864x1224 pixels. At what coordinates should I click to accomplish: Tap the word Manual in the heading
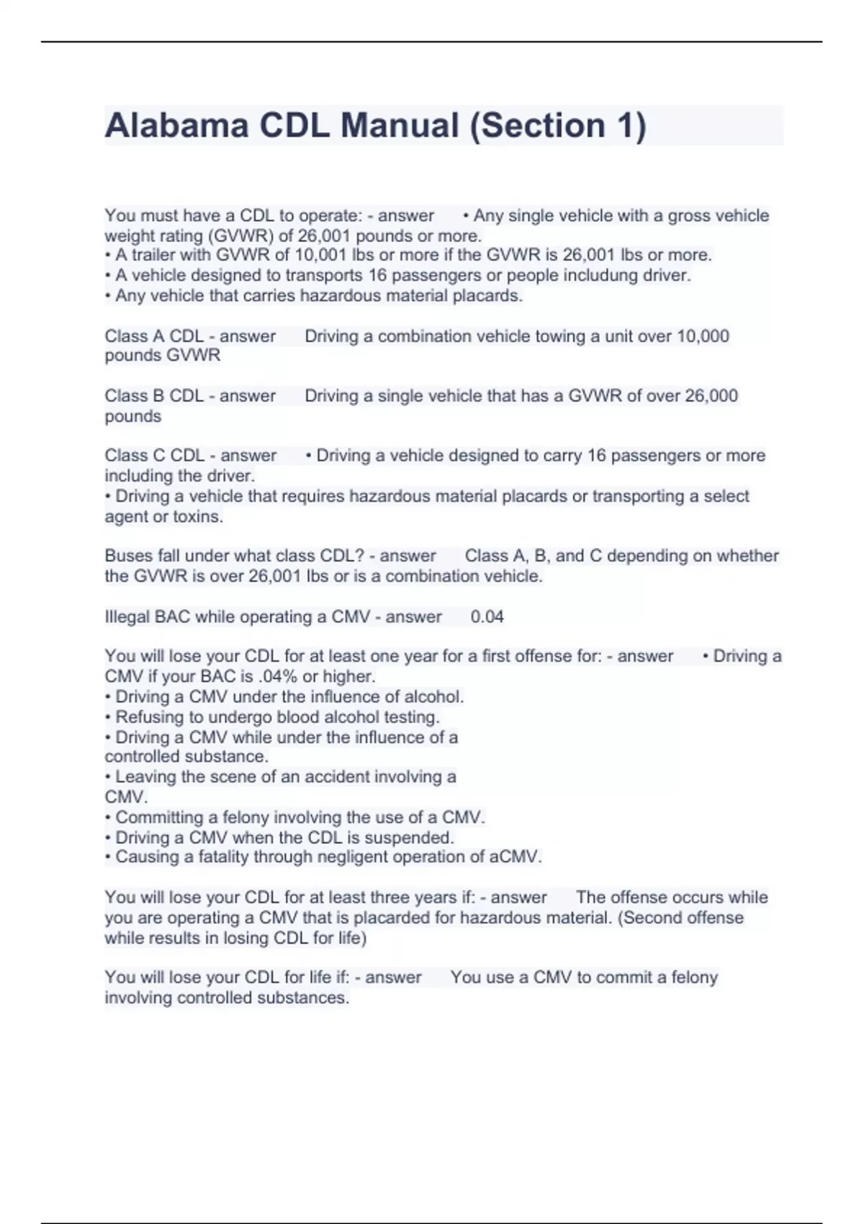399,125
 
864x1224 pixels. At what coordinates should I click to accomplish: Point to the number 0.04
487,617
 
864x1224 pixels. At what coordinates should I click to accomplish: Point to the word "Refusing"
149,717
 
